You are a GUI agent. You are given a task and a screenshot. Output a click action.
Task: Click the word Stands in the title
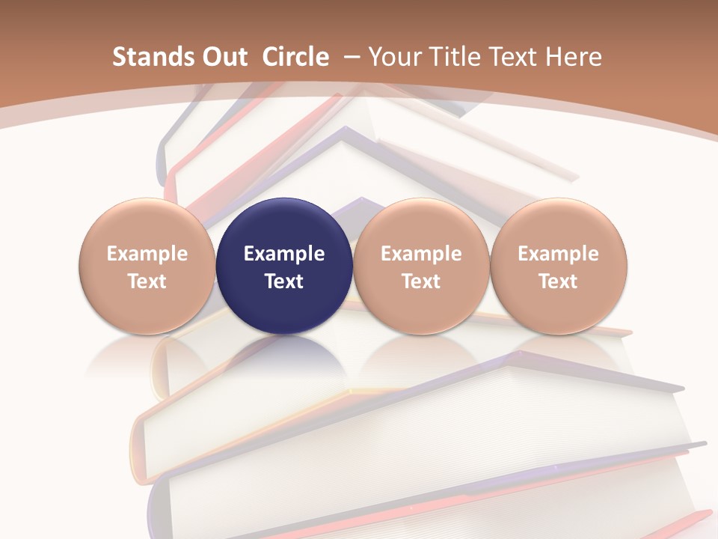pyautogui.click(x=146, y=57)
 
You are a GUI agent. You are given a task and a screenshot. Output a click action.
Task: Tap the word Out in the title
pyautogui.click(x=222, y=57)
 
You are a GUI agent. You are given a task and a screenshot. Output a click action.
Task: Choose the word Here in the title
pyautogui.click(x=575, y=57)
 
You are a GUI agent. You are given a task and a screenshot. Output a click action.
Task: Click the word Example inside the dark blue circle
pyautogui.click(x=284, y=255)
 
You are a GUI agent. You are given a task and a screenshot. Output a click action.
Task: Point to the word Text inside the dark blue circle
pyautogui.click(x=284, y=281)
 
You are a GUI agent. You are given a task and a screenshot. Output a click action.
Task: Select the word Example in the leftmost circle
pyautogui.click(x=147, y=255)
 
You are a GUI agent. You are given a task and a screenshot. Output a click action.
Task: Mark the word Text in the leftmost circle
pyautogui.click(x=147, y=281)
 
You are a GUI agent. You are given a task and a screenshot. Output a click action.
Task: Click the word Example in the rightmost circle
pyautogui.click(x=559, y=255)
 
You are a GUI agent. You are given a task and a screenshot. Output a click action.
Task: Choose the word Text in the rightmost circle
pyautogui.click(x=559, y=281)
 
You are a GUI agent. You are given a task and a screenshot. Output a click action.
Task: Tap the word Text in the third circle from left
pyautogui.click(x=421, y=281)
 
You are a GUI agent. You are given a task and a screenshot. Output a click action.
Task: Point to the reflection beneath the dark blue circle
pyautogui.click(x=284, y=356)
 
